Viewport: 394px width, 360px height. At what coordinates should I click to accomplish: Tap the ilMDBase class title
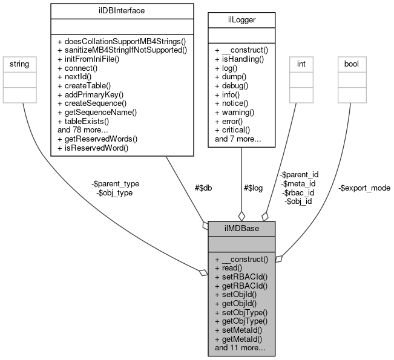pos(241,228)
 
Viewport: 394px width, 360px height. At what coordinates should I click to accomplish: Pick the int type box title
pos(301,63)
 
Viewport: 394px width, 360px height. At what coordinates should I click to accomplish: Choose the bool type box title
pos(352,63)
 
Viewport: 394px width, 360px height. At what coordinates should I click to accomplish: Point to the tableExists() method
pos(87,120)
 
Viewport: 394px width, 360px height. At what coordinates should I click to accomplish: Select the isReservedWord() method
pos(94,146)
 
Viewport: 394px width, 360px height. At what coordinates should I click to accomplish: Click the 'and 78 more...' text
pos(82,129)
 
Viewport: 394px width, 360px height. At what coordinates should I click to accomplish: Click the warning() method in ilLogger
pos(236,113)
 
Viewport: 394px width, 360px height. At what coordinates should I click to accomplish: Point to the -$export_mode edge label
pos(364,188)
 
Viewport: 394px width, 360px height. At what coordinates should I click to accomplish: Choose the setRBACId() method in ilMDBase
pos(241,276)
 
